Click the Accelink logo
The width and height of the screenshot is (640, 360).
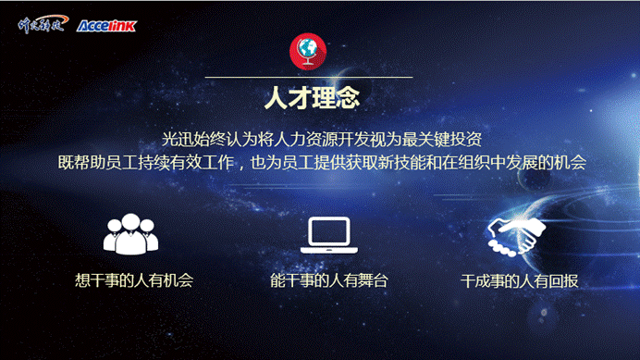106,25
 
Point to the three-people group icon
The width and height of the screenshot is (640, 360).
130,235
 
